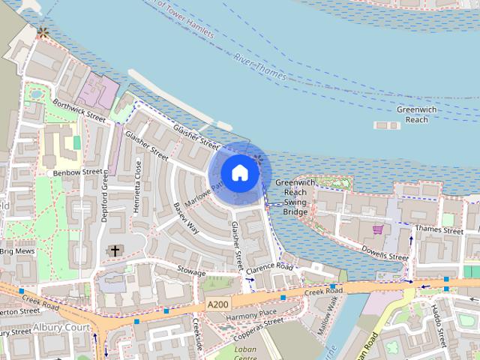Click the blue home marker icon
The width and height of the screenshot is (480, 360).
point(239,172)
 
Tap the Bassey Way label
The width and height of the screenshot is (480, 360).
point(185,217)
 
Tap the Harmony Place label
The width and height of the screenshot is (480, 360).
point(251,313)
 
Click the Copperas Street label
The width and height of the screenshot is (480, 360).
point(258,322)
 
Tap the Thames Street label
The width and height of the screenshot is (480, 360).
point(439,231)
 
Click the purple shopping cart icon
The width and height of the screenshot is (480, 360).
point(377,229)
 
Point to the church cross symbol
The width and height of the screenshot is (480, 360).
point(114,250)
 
